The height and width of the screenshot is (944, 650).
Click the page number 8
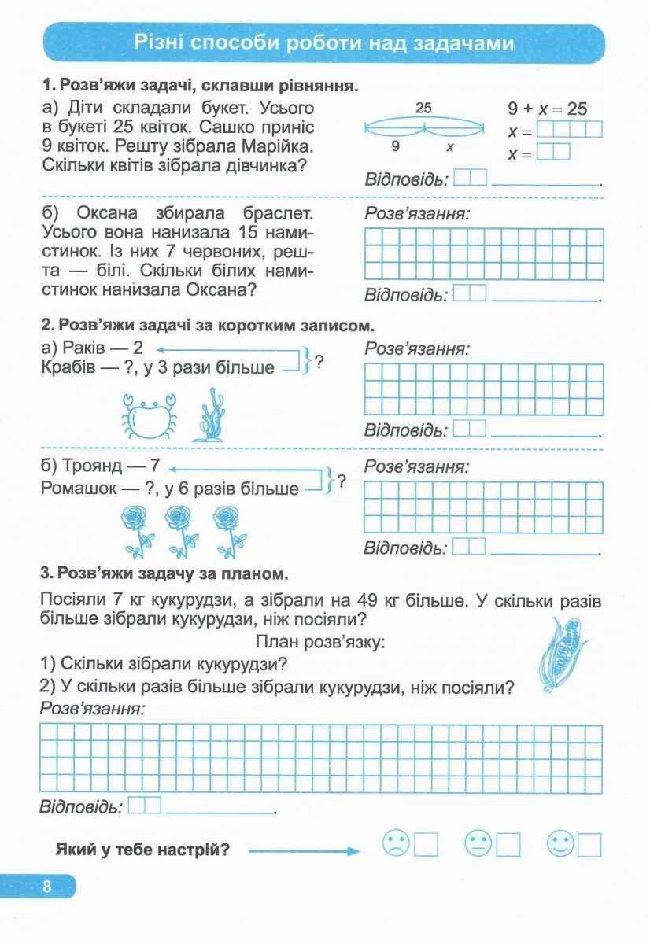(x=46, y=887)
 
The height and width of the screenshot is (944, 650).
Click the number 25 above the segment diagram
(x=423, y=109)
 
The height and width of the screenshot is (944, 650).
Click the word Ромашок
(x=79, y=488)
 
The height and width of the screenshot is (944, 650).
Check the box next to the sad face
(x=426, y=845)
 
